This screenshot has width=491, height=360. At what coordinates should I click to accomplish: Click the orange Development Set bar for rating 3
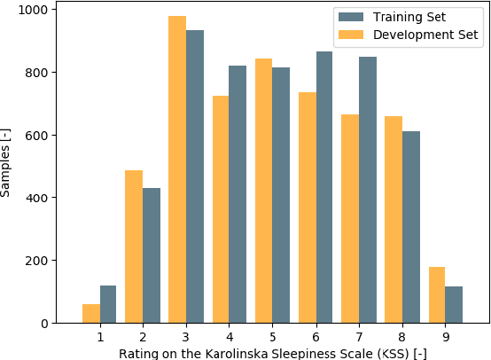pos(177,169)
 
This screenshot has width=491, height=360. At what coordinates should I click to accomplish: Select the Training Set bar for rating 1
pos(108,304)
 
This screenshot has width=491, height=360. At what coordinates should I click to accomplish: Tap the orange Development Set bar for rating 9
pos(437,295)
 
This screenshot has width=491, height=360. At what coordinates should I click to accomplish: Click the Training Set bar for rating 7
pos(368,190)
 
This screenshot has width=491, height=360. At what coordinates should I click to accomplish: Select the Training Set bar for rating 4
pos(238,194)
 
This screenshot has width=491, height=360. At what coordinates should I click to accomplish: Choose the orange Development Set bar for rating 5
pos(263,191)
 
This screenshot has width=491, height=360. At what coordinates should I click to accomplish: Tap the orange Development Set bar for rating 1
pos(91,314)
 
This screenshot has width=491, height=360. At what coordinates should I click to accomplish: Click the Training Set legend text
pos(409,17)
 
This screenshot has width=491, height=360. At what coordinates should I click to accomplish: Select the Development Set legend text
pos(425,35)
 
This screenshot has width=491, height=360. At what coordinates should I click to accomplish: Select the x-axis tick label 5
pos(272,337)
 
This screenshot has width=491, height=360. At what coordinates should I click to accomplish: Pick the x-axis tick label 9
pos(446,337)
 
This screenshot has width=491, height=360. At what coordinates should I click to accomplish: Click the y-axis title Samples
pos(7,162)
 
